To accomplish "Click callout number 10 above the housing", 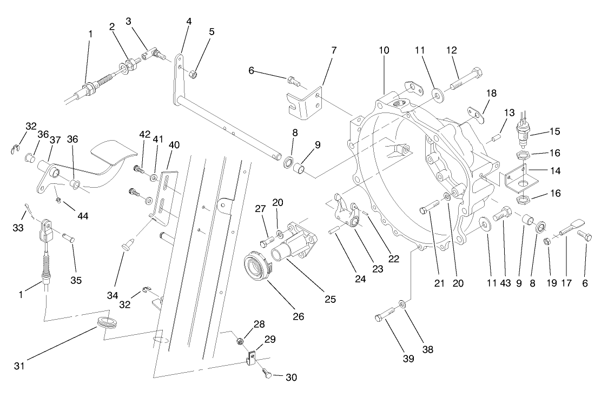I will (384, 50).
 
